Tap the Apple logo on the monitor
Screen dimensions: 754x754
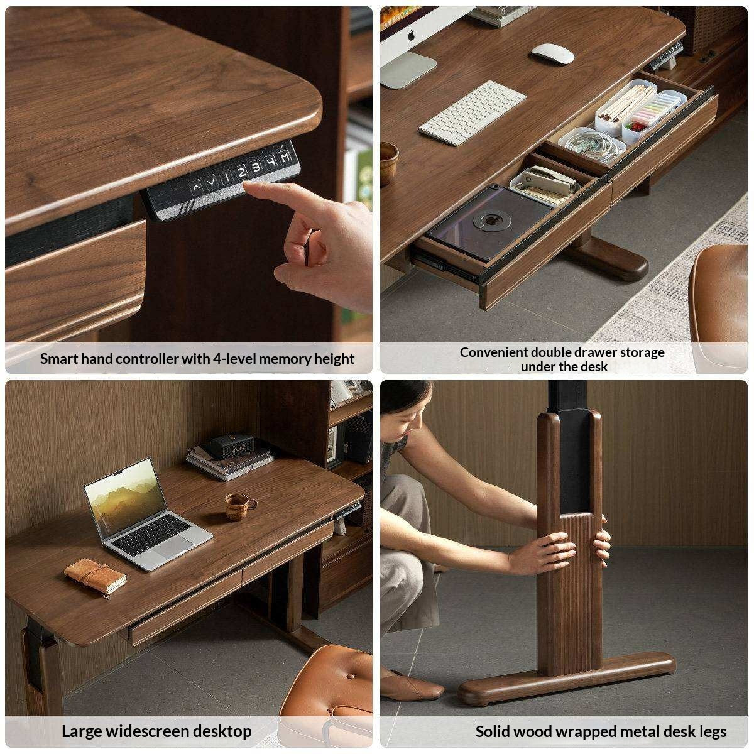(411, 35)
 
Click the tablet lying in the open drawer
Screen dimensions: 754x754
(484, 223)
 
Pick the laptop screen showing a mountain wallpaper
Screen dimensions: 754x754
(124, 494)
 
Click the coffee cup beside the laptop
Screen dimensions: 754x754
(239, 506)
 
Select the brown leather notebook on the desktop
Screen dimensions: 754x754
(95, 576)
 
